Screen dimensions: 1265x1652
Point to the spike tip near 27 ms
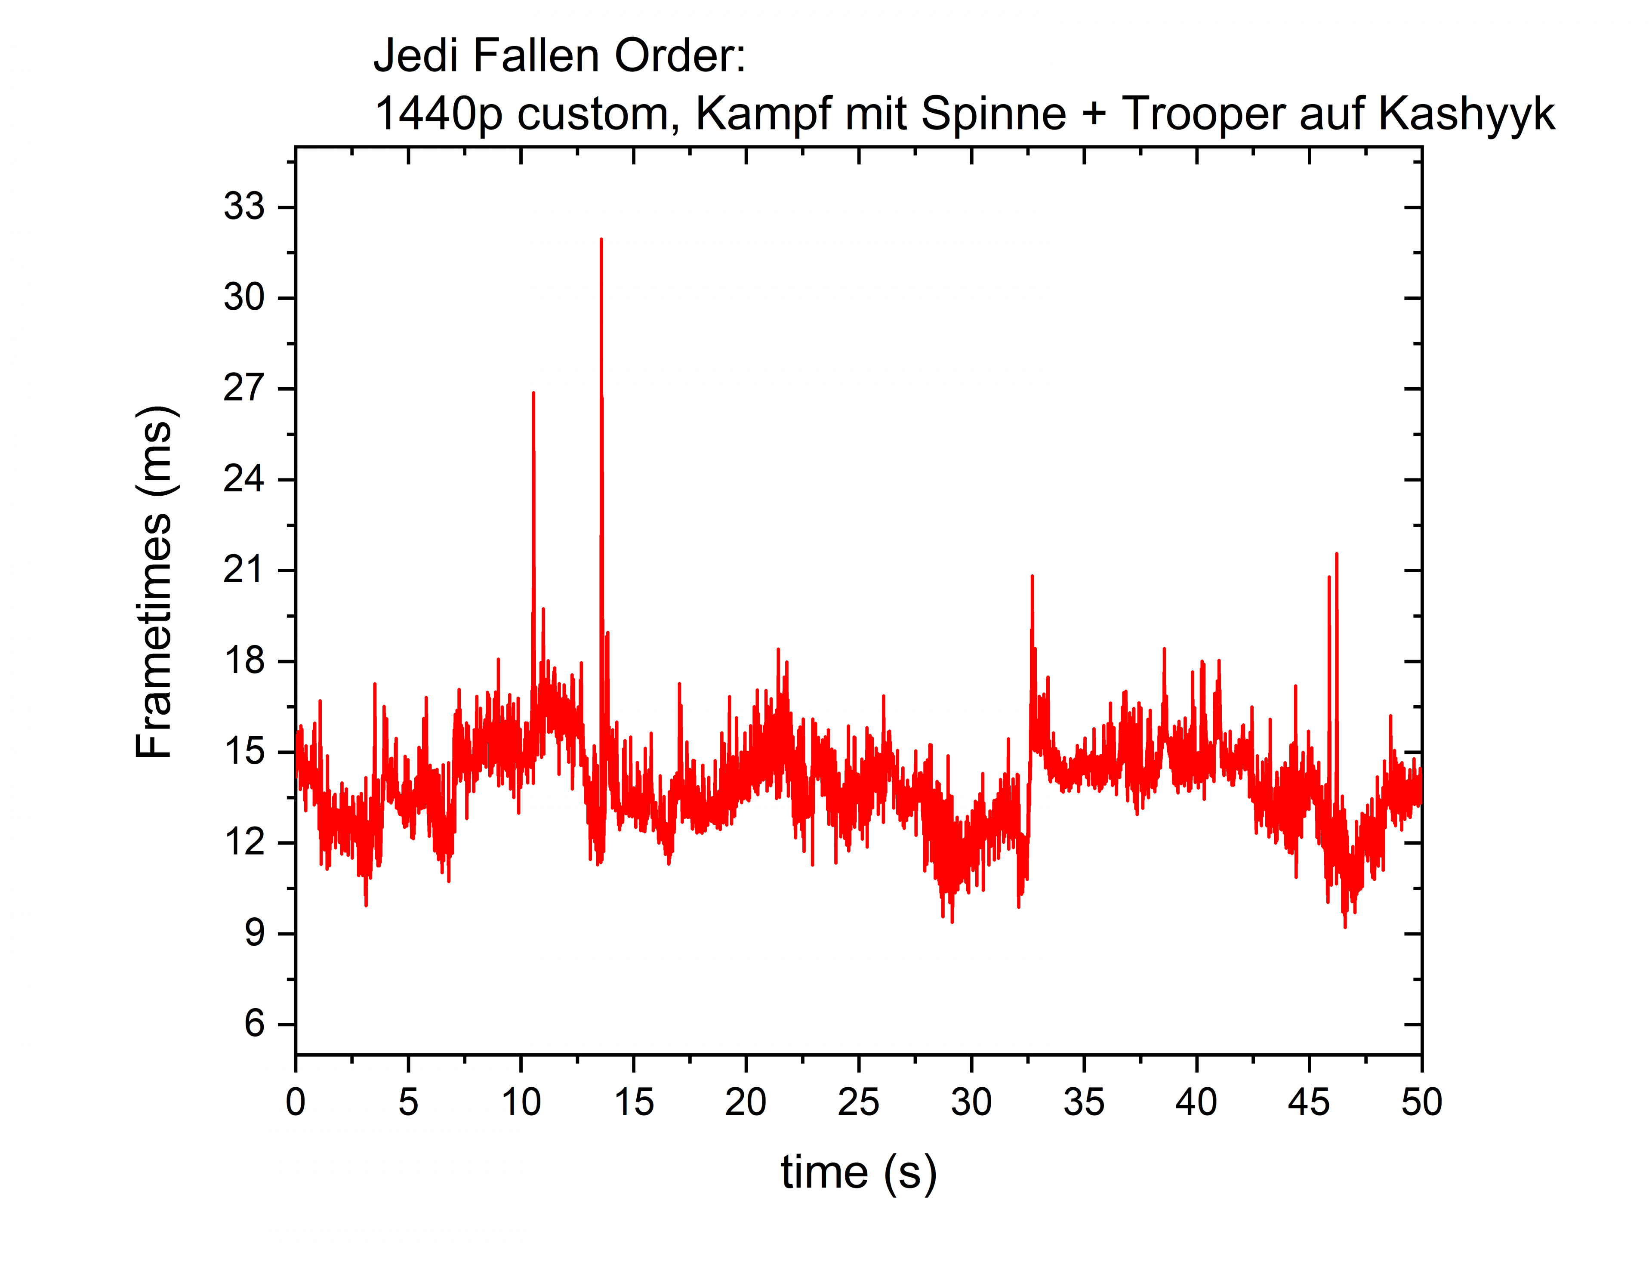coord(533,394)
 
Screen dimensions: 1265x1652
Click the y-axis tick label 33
coord(244,207)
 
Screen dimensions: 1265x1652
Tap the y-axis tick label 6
coord(255,1024)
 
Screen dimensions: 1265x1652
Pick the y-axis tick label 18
coord(244,661)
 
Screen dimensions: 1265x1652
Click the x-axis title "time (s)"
coord(858,1172)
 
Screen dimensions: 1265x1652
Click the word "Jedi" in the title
coord(416,56)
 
